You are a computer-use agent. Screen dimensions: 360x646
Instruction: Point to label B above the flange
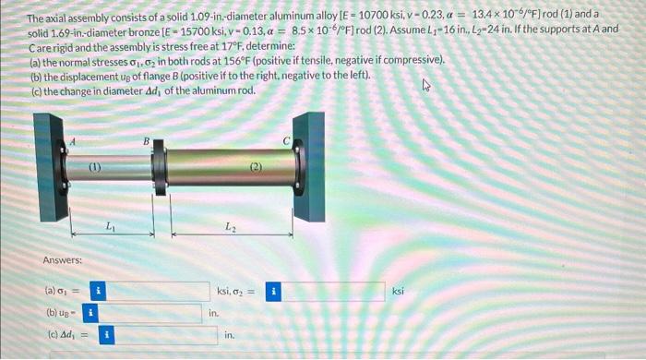(x=144, y=140)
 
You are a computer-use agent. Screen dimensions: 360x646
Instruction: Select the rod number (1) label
(x=95, y=168)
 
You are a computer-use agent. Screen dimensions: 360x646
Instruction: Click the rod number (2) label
(x=256, y=168)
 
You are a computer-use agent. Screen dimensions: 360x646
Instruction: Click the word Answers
(x=62, y=261)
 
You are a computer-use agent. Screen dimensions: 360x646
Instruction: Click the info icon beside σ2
(x=273, y=292)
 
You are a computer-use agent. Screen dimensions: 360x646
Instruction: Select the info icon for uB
(x=91, y=313)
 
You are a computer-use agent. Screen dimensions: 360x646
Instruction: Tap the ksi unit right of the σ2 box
(x=399, y=292)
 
